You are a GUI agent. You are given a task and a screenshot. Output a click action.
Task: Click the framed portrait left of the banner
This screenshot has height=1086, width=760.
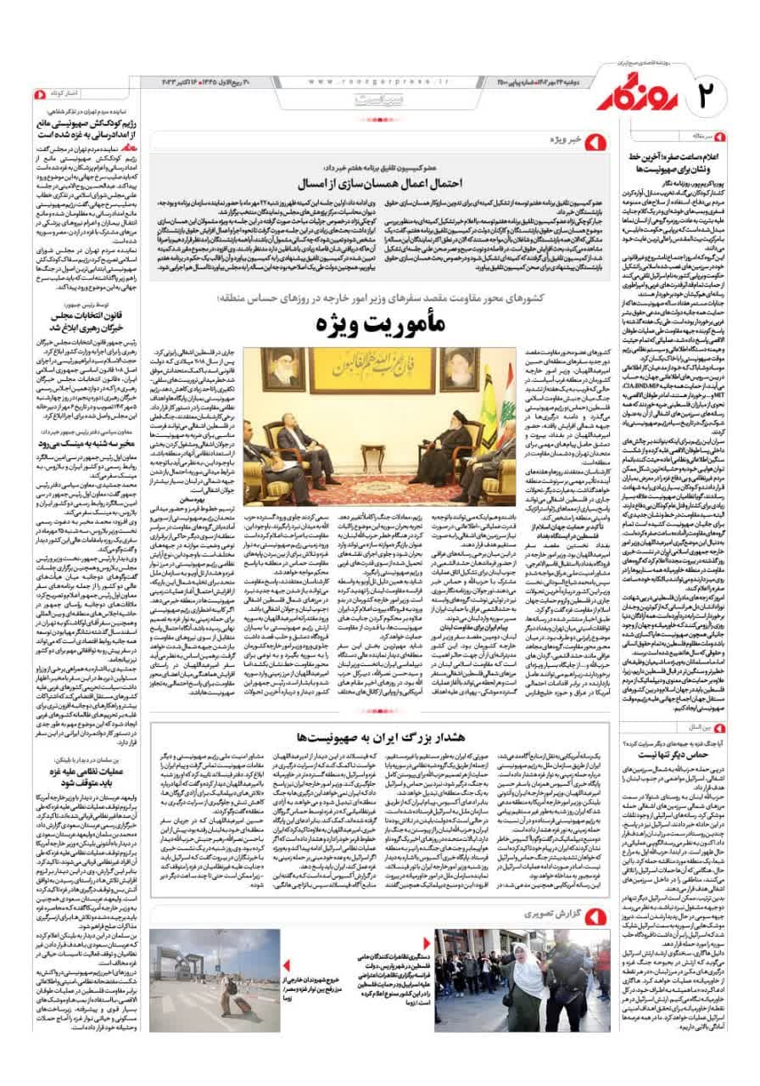click(x=283, y=369)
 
